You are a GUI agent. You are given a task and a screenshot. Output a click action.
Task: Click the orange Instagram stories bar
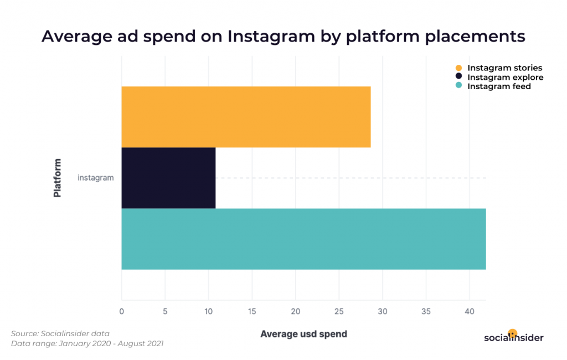pyautogui.click(x=246, y=117)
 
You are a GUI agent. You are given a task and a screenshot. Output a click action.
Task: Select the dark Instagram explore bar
pyautogui.click(x=168, y=178)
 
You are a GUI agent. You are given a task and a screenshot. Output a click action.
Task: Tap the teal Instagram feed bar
pyautogui.click(x=303, y=239)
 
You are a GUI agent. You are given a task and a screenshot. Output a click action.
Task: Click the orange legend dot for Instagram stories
pyautogui.click(x=458, y=68)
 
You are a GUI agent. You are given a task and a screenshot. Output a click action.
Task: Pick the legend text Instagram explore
pyautogui.click(x=505, y=78)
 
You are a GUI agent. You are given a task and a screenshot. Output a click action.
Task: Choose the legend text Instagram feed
pyautogui.click(x=499, y=86)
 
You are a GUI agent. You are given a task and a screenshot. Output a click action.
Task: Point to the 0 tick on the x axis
pyautogui.click(x=122, y=311)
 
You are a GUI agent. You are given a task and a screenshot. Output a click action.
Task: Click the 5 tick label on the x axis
pyautogui.click(x=165, y=311)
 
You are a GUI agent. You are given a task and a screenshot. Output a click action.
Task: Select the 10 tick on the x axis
pyautogui.click(x=208, y=311)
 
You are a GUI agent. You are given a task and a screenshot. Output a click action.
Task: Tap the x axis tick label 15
pyautogui.click(x=252, y=311)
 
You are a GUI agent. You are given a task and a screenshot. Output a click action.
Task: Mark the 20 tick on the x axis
pyautogui.click(x=295, y=311)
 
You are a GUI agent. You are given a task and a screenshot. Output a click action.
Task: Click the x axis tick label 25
pyautogui.click(x=339, y=311)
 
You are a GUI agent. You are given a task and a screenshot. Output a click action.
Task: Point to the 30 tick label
pyautogui.click(x=382, y=311)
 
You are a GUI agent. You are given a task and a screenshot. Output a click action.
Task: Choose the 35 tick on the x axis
pyautogui.click(x=426, y=311)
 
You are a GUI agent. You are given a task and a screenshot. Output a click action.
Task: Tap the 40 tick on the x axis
pyautogui.click(x=469, y=311)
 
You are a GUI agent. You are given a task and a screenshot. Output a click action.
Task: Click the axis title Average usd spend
pyautogui.click(x=303, y=334)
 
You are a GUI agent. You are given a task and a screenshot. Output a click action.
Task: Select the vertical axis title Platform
pyautogui.click(x=57, y=178)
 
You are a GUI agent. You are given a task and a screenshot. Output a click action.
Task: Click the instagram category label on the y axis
pyautogui.click(x=96, y=178)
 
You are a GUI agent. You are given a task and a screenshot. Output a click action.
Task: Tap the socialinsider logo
pyautogui.click(x=513, y=337)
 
